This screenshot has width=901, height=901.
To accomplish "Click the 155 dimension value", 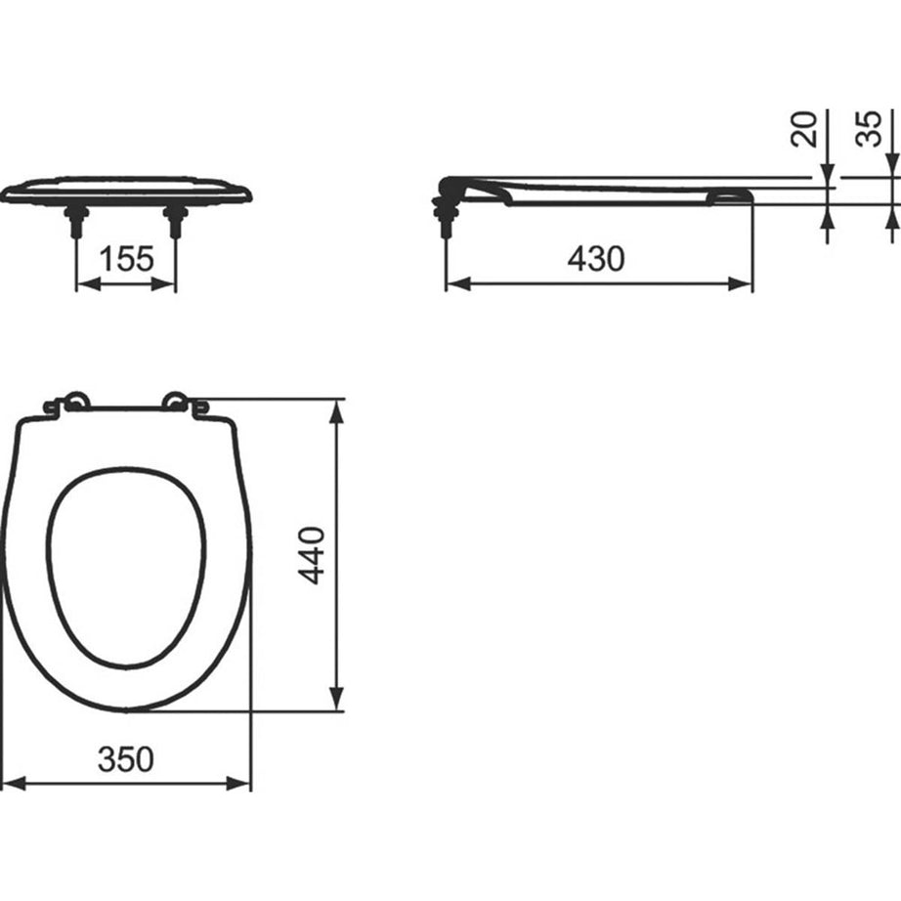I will coord(126,259).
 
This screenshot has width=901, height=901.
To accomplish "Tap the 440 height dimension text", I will coord(311,555).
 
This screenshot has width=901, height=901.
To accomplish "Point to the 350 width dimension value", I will coord(126,758).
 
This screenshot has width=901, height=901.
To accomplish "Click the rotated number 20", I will coord(805,129).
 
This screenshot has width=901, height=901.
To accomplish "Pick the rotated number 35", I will coord(870,129).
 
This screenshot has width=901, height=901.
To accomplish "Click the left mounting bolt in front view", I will coord(76,221).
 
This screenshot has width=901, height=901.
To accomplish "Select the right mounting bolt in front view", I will coord(176,221).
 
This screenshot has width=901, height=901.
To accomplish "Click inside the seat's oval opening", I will coord(126,567).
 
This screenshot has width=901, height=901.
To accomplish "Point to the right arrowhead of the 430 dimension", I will coord(743,283).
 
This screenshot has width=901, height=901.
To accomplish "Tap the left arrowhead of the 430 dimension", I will coord(456,283).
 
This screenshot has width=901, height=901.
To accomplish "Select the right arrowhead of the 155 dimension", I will coord(167,283).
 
